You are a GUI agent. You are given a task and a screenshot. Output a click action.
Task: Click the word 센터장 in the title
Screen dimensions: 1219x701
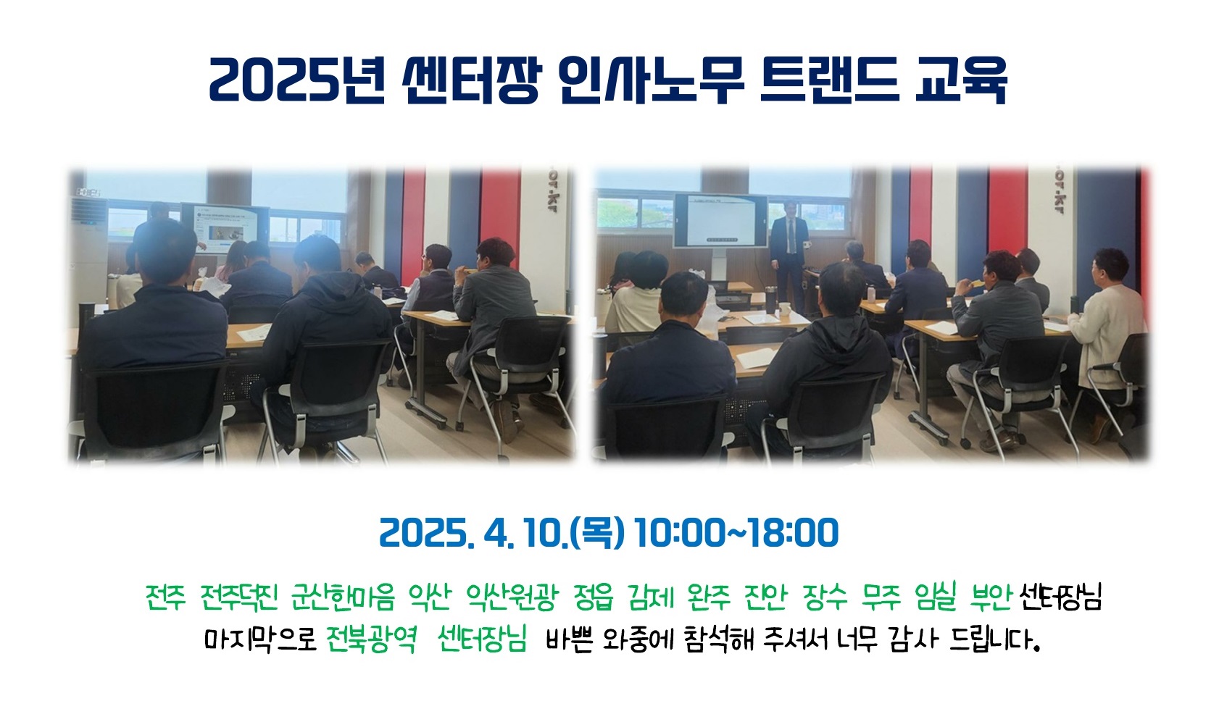click(x=471, y=80)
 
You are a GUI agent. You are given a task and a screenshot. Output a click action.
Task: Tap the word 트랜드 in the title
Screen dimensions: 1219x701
click(x=829, y=80)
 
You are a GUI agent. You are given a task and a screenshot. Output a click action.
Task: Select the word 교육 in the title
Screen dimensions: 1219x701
click(x=961, y=80)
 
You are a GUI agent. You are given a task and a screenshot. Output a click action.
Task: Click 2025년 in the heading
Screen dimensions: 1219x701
click(x=297, y=80)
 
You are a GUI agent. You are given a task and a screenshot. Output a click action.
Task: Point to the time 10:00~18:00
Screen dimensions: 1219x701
click(x=736, y=532)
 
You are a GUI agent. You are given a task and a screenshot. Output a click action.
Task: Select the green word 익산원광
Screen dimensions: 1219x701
click(x=512, y=597)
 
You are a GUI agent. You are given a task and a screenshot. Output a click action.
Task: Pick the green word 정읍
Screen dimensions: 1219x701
click(x=593, y=597)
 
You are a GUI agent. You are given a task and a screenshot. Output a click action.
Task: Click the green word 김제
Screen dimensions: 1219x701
click(x=651, y=597)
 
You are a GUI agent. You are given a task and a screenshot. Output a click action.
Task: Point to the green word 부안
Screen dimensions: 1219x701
click(x=991, y=597)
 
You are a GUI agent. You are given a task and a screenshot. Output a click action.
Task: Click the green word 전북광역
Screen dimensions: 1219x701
click(x=372, y=639)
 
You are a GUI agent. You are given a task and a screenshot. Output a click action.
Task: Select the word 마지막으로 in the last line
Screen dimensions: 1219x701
click(x=260, y=639)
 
